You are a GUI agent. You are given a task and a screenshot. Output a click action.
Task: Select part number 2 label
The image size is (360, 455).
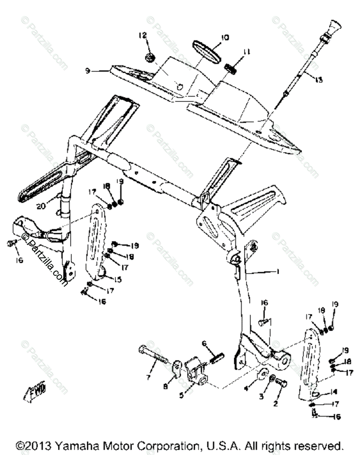275,404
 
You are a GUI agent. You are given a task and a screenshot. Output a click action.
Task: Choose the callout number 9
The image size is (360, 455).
88,71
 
